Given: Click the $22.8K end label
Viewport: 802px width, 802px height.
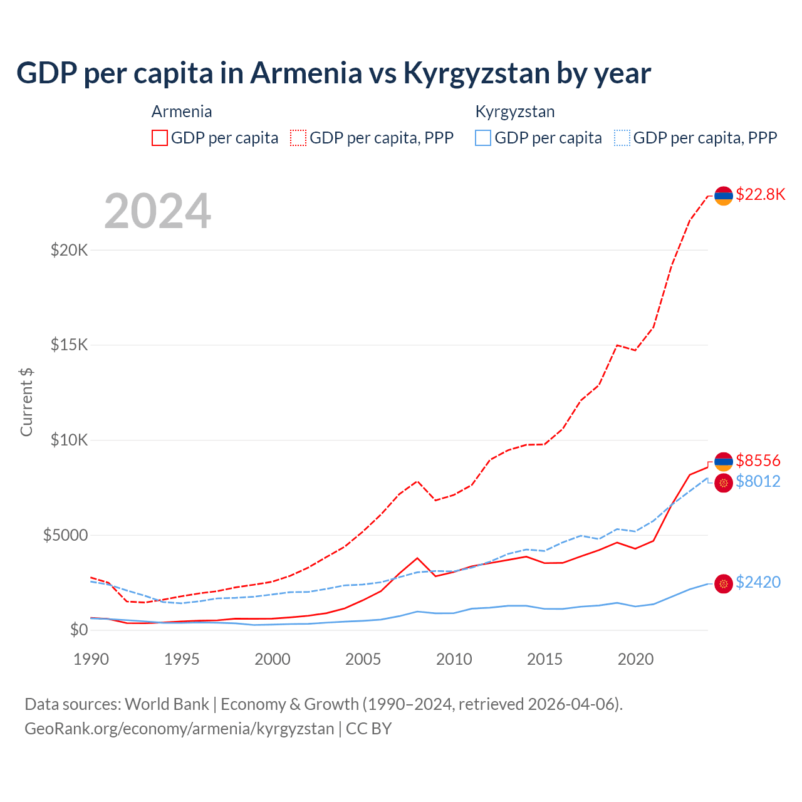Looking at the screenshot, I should click(x=760, y=194).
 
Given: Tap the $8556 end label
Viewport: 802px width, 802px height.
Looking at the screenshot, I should click(x=758, y=461).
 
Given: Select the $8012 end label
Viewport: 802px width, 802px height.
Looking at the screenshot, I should click(x=758, y=481).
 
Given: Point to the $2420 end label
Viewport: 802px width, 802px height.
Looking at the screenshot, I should click(x=758, y=582).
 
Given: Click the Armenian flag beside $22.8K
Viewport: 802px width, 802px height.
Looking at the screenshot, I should click(x=724, y=195).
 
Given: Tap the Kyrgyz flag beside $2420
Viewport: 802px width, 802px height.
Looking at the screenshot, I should click(x=724, y=584).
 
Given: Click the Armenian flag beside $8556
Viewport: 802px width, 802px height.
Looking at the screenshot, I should click(x=724, y=461).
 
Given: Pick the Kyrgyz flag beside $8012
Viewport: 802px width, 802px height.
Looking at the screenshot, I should click(x=724, y=483).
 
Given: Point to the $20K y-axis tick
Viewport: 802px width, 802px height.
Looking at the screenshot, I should click(x=70, y=250).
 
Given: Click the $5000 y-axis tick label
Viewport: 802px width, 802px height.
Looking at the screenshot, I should click(x=65, y=535).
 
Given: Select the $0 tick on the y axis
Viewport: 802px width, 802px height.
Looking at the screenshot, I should click(x=79, y=630).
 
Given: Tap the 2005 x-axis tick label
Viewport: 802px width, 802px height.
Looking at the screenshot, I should click(x=363, y=659).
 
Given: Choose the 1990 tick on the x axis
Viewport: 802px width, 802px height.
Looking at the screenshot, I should click(x=91, y=659).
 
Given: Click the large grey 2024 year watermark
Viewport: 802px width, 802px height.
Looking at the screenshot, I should click(x=157, y=211).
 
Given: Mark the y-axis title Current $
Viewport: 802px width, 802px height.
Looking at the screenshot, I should click(x=26, y=402).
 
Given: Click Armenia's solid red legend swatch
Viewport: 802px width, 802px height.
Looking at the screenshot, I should click(x=160, y=138).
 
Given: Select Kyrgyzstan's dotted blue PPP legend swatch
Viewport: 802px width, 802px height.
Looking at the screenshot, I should click(x=622, y=138).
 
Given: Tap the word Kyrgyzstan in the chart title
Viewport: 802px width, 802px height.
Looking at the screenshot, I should click(x=476, y=73).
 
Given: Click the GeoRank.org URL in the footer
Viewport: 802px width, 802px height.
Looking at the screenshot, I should click(x=179, y=729).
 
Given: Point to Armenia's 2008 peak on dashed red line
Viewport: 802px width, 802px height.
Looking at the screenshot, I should click(x=417, y=481).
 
